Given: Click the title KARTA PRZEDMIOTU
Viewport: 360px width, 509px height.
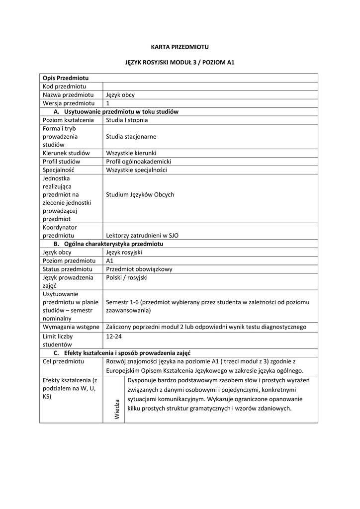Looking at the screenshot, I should coord(180,47).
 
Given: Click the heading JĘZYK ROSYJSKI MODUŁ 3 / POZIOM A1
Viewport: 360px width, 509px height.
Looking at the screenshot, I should coord(180,63).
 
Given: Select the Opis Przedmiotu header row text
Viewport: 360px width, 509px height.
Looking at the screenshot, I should coord(66,78).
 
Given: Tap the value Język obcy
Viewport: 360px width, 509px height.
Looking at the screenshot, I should coord(120,94).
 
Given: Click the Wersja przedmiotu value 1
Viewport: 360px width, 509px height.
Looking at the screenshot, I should coord(108,103).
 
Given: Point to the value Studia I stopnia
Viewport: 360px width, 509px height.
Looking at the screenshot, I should coord(127,120).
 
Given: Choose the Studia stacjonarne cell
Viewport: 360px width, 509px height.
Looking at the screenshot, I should coord(131,136).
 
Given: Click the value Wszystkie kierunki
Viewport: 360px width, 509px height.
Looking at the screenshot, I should coord(131,153).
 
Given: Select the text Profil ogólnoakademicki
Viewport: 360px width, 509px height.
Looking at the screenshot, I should coord(139,162).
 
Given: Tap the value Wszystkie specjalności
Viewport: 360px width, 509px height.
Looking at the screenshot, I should coord(137,170).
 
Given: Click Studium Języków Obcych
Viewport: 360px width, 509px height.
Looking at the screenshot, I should coord(140,194).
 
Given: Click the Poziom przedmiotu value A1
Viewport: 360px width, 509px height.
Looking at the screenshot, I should coord(110,260).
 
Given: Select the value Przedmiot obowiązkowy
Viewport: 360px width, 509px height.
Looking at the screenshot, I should coord(139,269).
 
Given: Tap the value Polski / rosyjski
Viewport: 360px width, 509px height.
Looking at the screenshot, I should coord(127,277).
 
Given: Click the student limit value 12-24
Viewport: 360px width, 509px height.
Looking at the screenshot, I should coord(114,336).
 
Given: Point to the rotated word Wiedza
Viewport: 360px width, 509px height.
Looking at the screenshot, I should coord(117,409).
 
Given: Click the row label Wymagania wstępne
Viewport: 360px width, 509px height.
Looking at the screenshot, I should coord(71,327).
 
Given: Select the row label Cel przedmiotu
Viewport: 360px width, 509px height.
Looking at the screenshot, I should coord(63,361).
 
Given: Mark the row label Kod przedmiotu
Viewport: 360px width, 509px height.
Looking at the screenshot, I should coord(65,86).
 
